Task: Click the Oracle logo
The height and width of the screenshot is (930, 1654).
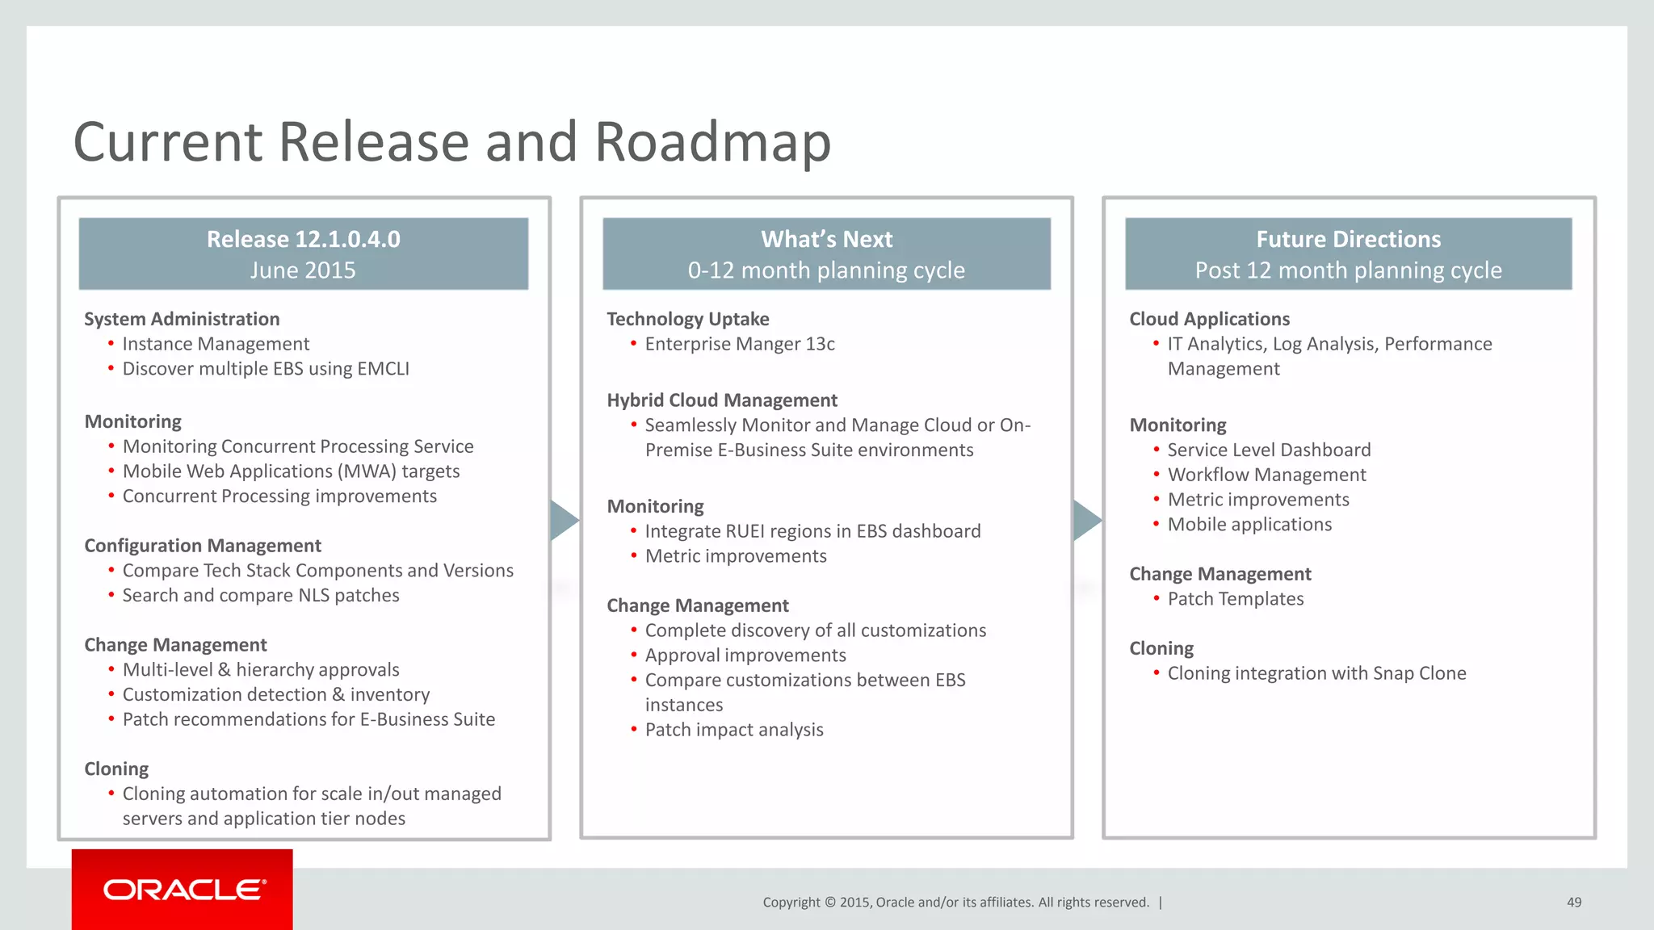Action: tap(183, 890)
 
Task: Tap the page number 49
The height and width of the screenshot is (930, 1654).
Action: tap(1573, 903)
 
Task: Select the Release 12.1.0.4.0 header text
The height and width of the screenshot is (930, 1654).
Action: tap(303, 240)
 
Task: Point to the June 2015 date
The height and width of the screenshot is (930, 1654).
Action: tap(303, 270)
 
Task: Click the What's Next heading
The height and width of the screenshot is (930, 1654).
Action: tap(826, 240)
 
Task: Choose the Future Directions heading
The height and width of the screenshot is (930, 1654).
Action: tap(1348, 240)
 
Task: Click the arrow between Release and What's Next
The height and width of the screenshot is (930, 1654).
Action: tap(564, 520)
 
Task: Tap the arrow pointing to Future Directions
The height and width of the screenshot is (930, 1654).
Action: tap(1086, 520)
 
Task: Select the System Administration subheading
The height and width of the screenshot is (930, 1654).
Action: tap(182, 319)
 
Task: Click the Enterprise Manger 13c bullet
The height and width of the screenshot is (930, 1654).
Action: tap(739, 344)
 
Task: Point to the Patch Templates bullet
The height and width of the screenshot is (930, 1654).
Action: tap(1235, 599)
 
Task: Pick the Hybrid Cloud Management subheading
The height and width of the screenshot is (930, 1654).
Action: tap(722, 400)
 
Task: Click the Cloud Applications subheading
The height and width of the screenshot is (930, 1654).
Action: tap(1209, 319)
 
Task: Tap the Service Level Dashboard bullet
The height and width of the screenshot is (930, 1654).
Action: tap(1269, 450)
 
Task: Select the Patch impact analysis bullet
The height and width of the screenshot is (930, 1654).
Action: tap(733, 730)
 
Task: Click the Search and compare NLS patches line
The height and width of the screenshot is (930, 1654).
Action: tap(261, 596)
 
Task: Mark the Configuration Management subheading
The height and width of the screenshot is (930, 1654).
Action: tap(203, 546)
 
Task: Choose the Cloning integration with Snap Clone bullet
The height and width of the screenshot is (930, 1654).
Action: tap(1316, 673)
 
